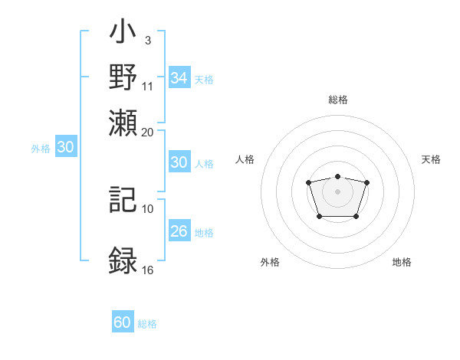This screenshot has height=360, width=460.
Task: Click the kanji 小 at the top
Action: pyautogui.click(x=123, y=35)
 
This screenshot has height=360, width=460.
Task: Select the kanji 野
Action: pyautogui.click(x=123, y=79)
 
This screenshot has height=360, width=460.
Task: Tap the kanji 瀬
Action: pyautogui.click(x=123, y=123)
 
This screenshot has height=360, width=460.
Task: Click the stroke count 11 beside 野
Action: pyautogui.click(x=148, y=86)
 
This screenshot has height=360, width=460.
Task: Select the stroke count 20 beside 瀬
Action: pyautogui.click(x=148, y=131)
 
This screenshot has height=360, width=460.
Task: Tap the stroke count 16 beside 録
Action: pyautogui.click(x=148, y=270)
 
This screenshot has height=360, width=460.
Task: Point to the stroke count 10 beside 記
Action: pyautogui.click(x=148, y=208)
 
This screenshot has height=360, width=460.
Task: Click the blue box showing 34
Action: pyautogui.click(x=179, y=77)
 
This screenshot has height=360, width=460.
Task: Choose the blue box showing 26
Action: pyautogui.click(x=179, y=231)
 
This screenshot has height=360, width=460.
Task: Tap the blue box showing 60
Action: pyautogui.click(x=123, y=322)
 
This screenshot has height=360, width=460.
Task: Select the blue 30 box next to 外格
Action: pyautogui.click(x=65, y=148)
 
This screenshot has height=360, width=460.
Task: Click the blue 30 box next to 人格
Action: pyautogui.click(x=179, y=162)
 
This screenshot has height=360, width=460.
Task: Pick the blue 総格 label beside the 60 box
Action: pyautogui.click(x=147, y=324)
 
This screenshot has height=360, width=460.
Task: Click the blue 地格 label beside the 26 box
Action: pyautogui.click(x=204, y=233)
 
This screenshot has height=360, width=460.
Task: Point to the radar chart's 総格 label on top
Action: pyautogui.click(x=338, y=100)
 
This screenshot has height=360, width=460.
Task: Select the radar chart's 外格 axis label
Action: pyautogui.click(x=270, y=262)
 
